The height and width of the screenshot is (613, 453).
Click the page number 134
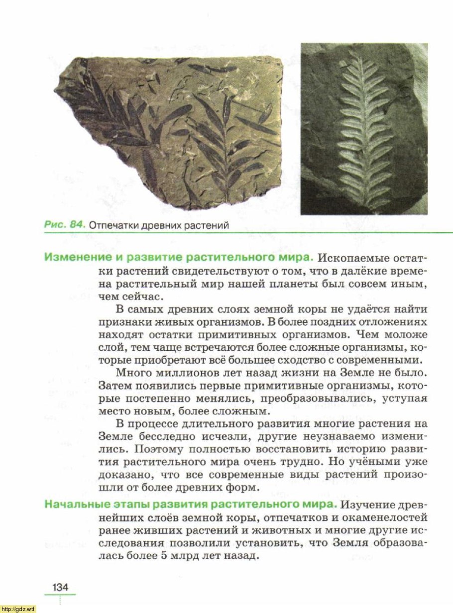(x=60, y=587)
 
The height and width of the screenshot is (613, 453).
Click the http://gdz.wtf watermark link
(x=18, y=609)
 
